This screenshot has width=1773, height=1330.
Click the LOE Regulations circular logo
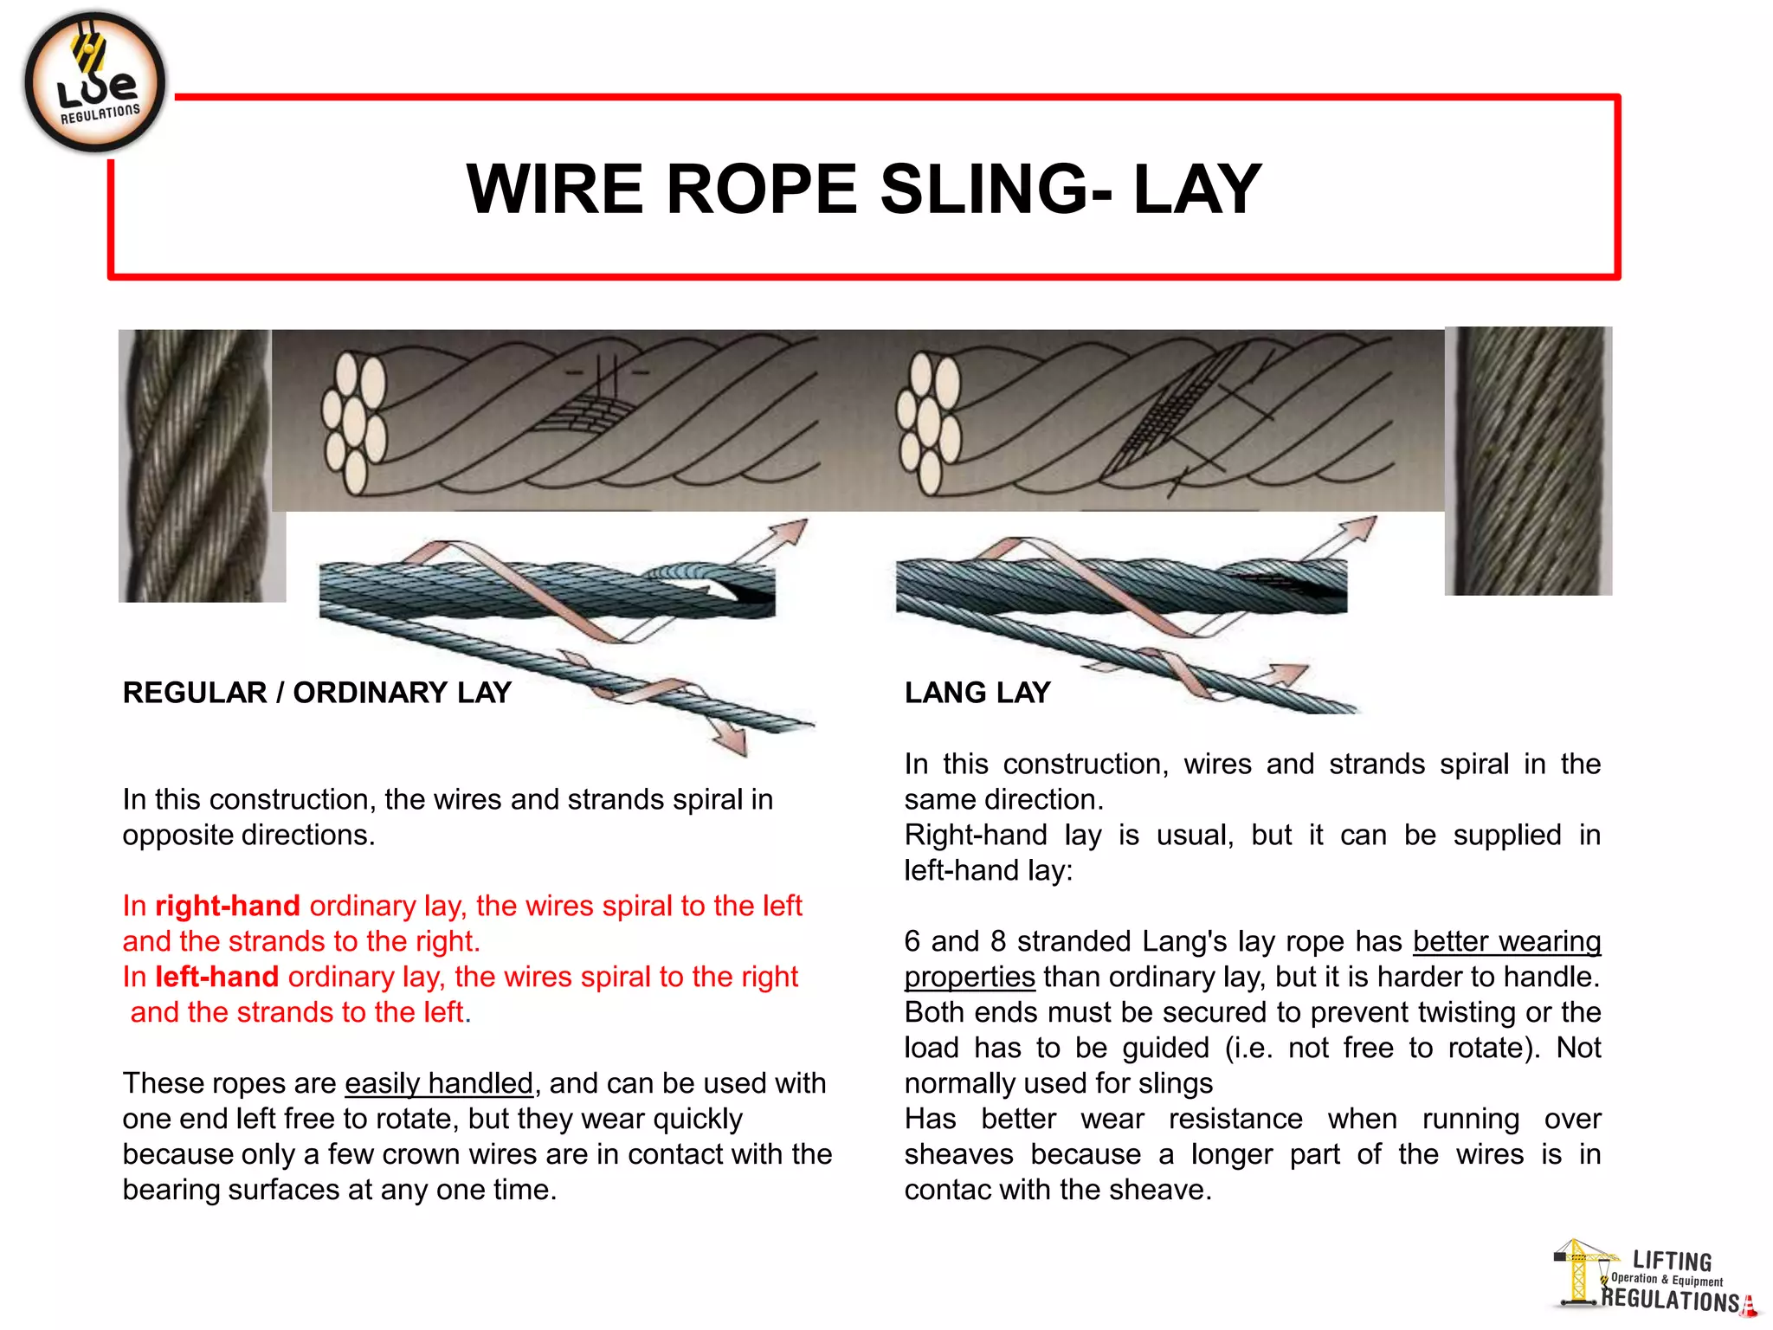coord(95,83)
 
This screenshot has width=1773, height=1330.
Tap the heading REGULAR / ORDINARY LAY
coord(317,693)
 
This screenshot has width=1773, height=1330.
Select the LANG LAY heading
coord(977,693)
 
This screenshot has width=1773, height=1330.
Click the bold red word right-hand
coord(228,906)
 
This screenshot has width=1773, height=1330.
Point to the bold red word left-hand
coord(217,977)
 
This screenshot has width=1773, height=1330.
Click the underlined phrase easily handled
coord(439,1083)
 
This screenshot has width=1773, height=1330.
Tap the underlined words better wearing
coord(1506,941)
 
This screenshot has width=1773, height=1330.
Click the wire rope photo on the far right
coord(1528,461)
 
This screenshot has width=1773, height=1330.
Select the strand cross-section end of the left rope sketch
coord(354,422)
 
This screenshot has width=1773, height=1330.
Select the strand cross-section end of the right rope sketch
coord(929,422)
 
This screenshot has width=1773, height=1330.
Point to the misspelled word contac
coord(947,1190)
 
